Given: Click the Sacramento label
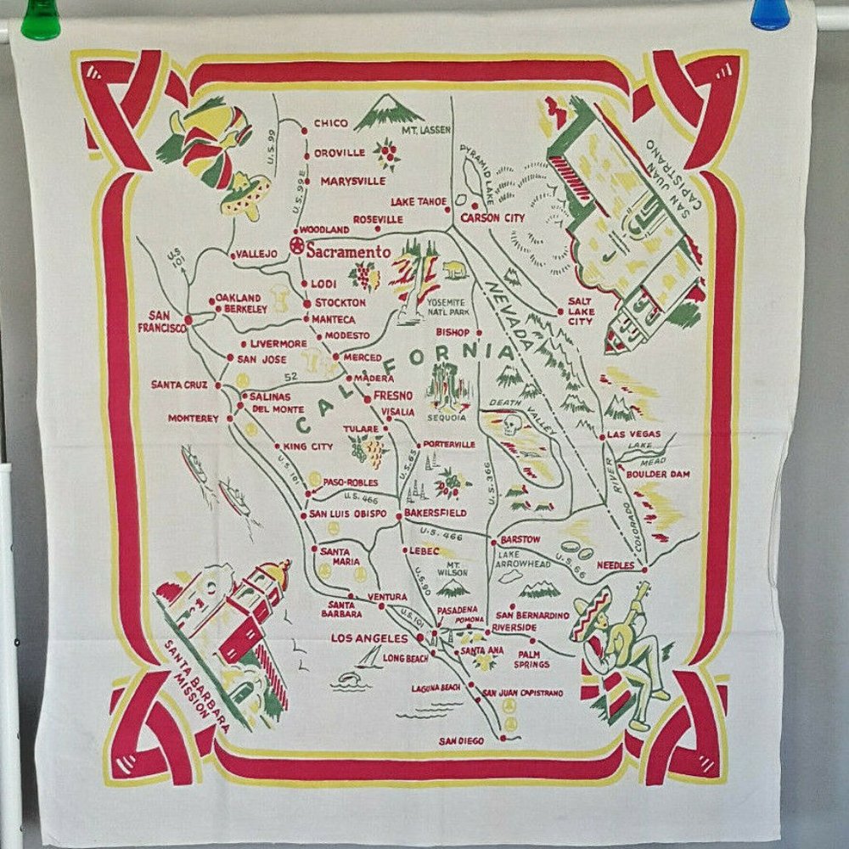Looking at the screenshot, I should tap(349, 252).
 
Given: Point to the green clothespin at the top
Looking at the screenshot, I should tap(41, 18).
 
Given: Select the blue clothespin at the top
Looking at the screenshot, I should tap(771, 14).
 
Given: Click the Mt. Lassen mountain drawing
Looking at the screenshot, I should tap(388, 111).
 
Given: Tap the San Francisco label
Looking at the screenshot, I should tap(161, 322).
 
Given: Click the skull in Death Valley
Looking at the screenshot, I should tap(510, 425).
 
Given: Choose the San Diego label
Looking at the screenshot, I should tap(462, 741).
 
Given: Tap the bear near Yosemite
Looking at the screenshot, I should tap(454, 272).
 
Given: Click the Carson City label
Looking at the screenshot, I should tap(492, 218).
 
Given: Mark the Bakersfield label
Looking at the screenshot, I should tap(435, 513).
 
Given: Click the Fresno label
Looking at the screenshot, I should tap(392, 395).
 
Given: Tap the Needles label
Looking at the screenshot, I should tap(616, 565).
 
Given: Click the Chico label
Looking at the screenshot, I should tap(331, 123).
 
